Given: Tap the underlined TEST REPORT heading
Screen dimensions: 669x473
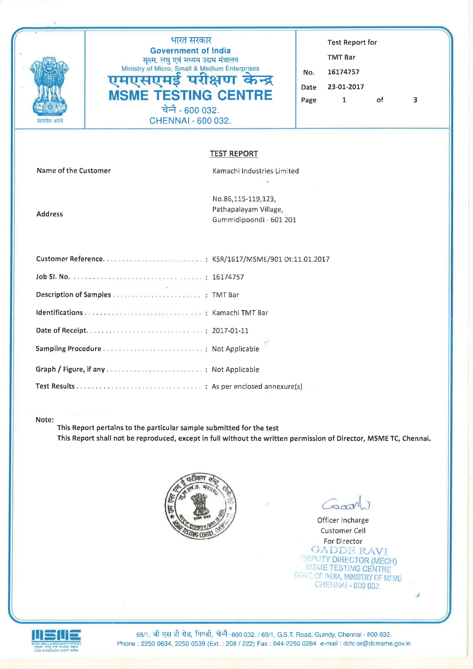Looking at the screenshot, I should (x=234, y=154).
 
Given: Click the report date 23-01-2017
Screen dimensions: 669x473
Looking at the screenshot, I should (x=345, y=87).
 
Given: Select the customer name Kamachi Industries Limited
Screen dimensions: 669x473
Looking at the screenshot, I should (x=255, y=171).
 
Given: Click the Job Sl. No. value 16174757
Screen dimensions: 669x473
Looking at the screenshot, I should (x=228, y=277).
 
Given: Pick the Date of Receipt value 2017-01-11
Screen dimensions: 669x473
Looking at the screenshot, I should (x=230, y=330).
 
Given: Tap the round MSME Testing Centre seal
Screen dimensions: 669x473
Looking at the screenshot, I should (x=200, y=506).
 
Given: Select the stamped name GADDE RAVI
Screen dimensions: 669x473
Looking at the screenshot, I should (x=349, y=550).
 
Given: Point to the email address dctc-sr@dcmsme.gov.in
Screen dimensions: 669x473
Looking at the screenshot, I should (x=377, y=643).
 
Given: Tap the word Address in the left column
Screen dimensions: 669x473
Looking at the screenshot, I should (x=49, y=214).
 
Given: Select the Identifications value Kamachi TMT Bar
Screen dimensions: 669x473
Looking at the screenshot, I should (x=240, y=313).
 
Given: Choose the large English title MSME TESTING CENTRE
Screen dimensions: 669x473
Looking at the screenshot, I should (x=190, y=95).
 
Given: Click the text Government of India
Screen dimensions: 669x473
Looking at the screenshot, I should (x=190, y=51).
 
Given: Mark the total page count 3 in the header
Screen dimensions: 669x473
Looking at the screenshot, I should (x=415, y=100).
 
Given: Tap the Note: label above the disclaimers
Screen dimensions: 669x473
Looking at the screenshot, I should (x=45, y=419).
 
